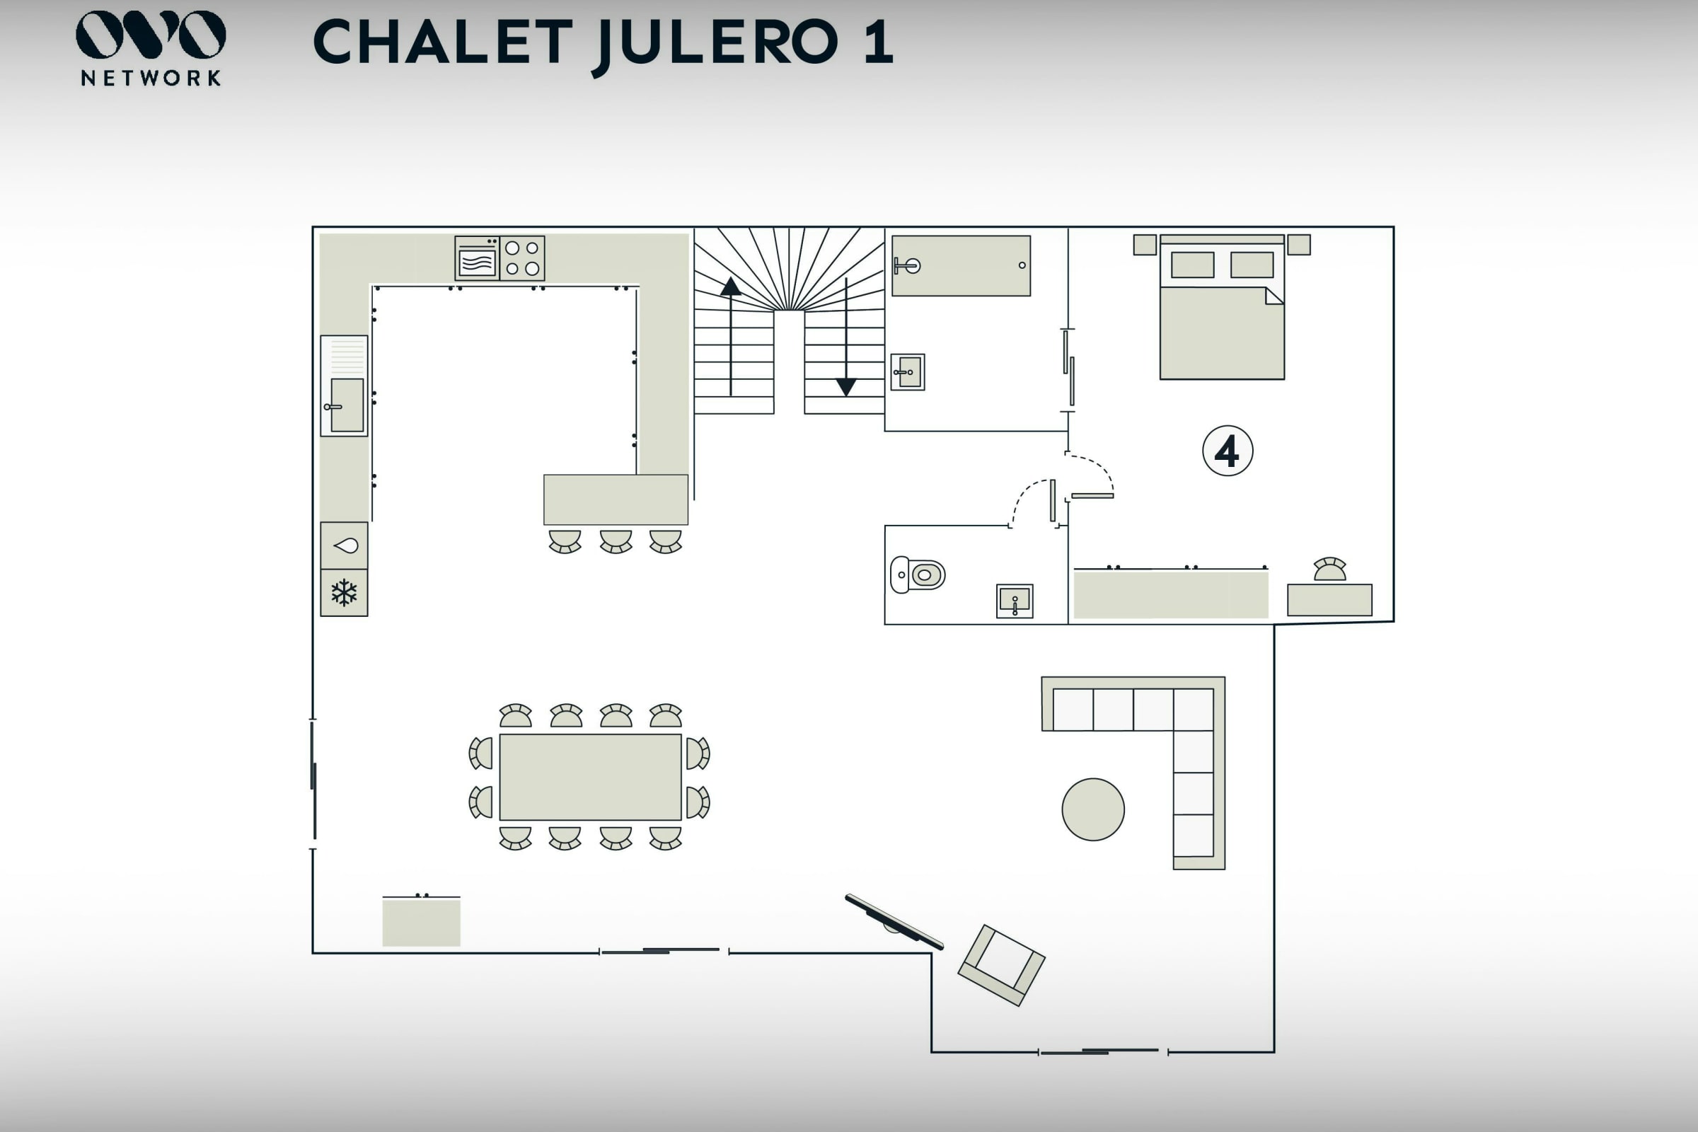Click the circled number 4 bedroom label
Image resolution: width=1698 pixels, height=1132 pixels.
(1228, 451)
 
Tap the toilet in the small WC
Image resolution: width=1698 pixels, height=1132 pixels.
(918, 574)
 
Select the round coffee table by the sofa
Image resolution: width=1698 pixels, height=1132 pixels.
(1093, 809)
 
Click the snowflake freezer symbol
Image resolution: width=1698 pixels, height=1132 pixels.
(345, 593)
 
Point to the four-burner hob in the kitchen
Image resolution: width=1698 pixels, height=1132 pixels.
(522, 258)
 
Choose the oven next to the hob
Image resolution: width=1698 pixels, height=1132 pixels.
(476, 258)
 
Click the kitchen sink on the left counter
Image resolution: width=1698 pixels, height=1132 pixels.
(347, 405)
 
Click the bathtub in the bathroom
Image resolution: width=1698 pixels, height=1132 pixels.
(961, 266)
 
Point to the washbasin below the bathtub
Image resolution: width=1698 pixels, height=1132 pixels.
(908, 373)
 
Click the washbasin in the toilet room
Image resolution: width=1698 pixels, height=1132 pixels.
(1015, 601)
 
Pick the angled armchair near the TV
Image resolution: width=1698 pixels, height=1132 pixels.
(1001, 964)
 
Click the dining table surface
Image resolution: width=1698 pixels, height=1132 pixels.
(591, 777)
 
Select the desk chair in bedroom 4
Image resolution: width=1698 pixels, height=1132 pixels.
(1330, 569)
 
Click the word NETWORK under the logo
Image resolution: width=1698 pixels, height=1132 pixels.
(151, 78)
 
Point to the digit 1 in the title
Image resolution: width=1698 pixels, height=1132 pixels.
(878, 42)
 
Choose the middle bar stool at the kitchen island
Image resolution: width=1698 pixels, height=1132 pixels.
(616, 541)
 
